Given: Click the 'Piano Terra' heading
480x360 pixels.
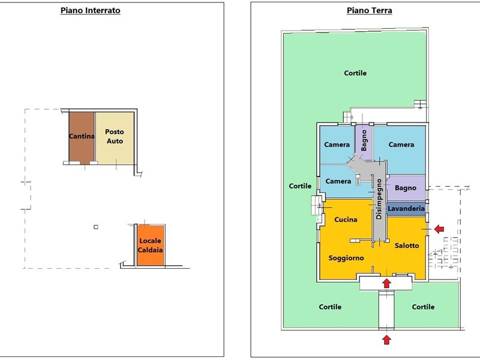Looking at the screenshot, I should [370, 10].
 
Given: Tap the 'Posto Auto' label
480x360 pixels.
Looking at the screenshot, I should [115, 136].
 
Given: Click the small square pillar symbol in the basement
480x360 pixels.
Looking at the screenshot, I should [95, 226].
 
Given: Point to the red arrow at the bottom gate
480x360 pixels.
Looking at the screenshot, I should [386, 340].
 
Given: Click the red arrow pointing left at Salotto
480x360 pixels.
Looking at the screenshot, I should [440, 229].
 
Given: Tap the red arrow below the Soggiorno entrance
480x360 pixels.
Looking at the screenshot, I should [386, 283].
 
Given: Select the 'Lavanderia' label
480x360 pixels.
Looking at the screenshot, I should [406, 209].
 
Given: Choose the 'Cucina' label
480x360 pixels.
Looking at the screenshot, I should [346, 220].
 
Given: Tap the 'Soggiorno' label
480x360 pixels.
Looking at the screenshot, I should [346, 258].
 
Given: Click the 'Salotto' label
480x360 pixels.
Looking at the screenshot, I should [407, 245].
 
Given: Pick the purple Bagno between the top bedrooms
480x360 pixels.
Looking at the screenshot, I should [364, 142].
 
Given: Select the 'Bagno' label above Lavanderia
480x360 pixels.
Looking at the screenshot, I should [406, 188].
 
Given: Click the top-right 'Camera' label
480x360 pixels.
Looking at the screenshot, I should [401, 145].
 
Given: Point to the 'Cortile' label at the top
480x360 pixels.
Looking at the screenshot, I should [355, 73].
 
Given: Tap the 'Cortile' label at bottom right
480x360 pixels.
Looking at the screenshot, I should [423, 307].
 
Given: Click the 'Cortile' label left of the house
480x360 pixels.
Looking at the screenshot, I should [300, 186].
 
